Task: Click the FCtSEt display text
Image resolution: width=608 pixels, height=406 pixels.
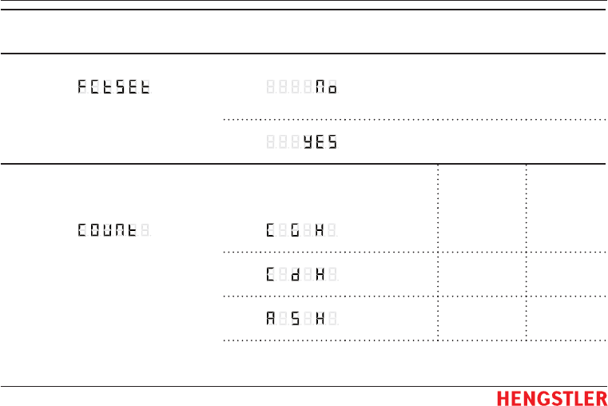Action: tap(114, 87)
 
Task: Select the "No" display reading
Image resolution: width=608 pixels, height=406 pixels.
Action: tap(325, 87)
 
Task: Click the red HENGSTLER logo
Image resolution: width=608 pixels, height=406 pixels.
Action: tap(551, 398)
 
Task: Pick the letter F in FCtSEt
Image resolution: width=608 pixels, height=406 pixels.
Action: tap(83, 87)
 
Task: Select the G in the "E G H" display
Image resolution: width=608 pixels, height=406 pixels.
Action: tap(295, 231)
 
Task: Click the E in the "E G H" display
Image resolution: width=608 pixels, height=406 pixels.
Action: tap(271, 231)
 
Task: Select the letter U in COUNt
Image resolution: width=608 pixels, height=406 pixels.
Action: tap(108, 231)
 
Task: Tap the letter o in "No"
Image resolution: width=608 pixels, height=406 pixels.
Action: tap(332, 87)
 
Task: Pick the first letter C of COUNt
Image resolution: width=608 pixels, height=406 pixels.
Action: tap(83, 231)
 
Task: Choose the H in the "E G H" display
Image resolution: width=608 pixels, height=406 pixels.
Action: tap(320, 231)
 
